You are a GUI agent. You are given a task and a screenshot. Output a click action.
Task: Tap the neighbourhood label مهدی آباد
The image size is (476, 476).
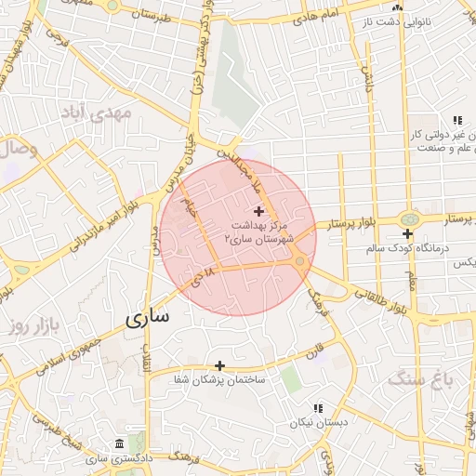click(98, 112)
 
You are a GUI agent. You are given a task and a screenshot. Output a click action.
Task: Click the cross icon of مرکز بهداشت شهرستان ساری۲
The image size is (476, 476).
click(258, 213)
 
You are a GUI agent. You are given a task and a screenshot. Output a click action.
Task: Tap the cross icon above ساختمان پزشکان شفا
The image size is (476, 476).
click(220, 366)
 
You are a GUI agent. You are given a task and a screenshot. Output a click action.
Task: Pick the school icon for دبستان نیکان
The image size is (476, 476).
click(318, 408)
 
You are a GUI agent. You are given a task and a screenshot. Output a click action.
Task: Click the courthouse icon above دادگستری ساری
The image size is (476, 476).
click(119, 445)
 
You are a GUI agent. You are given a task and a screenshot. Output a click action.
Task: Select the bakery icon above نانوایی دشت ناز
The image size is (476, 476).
click(397, 7)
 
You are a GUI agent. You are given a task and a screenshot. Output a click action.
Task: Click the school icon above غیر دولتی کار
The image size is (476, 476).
click(456, 121)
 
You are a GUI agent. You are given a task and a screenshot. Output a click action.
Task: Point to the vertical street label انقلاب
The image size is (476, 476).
click(146, 357)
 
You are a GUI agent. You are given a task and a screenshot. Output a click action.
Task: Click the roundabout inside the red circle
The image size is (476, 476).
click(300, 262)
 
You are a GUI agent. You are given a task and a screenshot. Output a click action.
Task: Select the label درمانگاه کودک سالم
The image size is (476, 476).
click(377, 248)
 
